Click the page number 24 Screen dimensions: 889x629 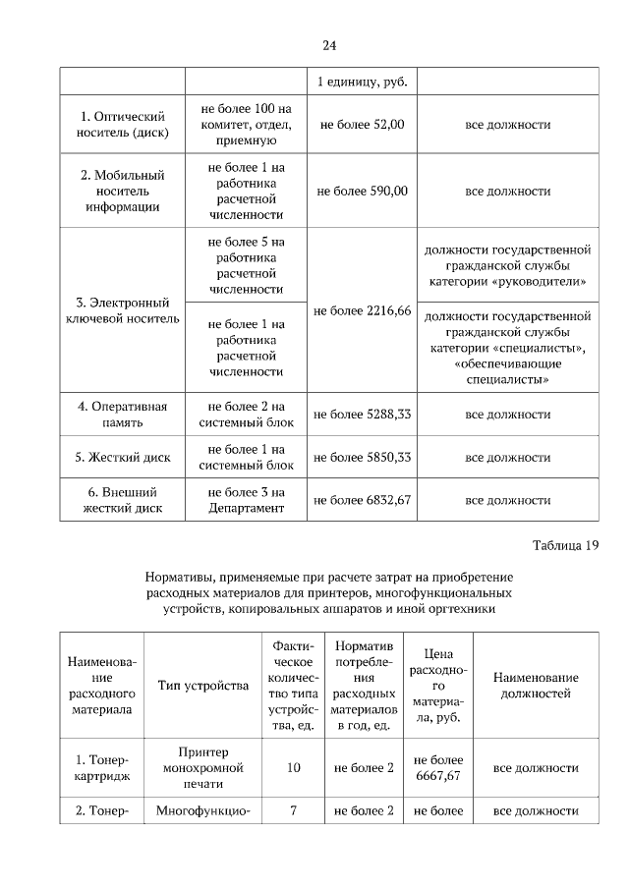[x=329, y=45]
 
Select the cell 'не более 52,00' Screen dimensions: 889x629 [x=363, y=125]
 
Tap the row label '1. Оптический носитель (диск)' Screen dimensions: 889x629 [x=122, y=125]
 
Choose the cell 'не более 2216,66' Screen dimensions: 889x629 [x=363, y=310]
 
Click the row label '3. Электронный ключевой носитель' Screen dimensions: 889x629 [x=122, y=310]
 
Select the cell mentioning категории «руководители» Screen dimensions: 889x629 [x=507, y=265]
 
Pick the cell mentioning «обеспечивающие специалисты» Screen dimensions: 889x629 [x=507, y=347]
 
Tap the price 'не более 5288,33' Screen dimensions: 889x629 [x=363, y=415]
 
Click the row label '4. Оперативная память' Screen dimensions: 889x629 [x=122, y=415]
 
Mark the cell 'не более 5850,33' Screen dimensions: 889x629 [x=363, y=458]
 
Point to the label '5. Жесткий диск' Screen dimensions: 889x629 [x=122, y=458]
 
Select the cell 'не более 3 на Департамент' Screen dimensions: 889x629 [x=247, y=500]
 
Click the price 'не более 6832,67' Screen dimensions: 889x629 [x=363, y=500]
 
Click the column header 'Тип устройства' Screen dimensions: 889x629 [x=203, y=685]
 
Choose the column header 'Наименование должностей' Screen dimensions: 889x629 [x=536, y=685]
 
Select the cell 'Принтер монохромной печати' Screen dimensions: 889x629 [x=203, y=768]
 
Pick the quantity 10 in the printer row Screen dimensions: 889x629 [x=294, y=768]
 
